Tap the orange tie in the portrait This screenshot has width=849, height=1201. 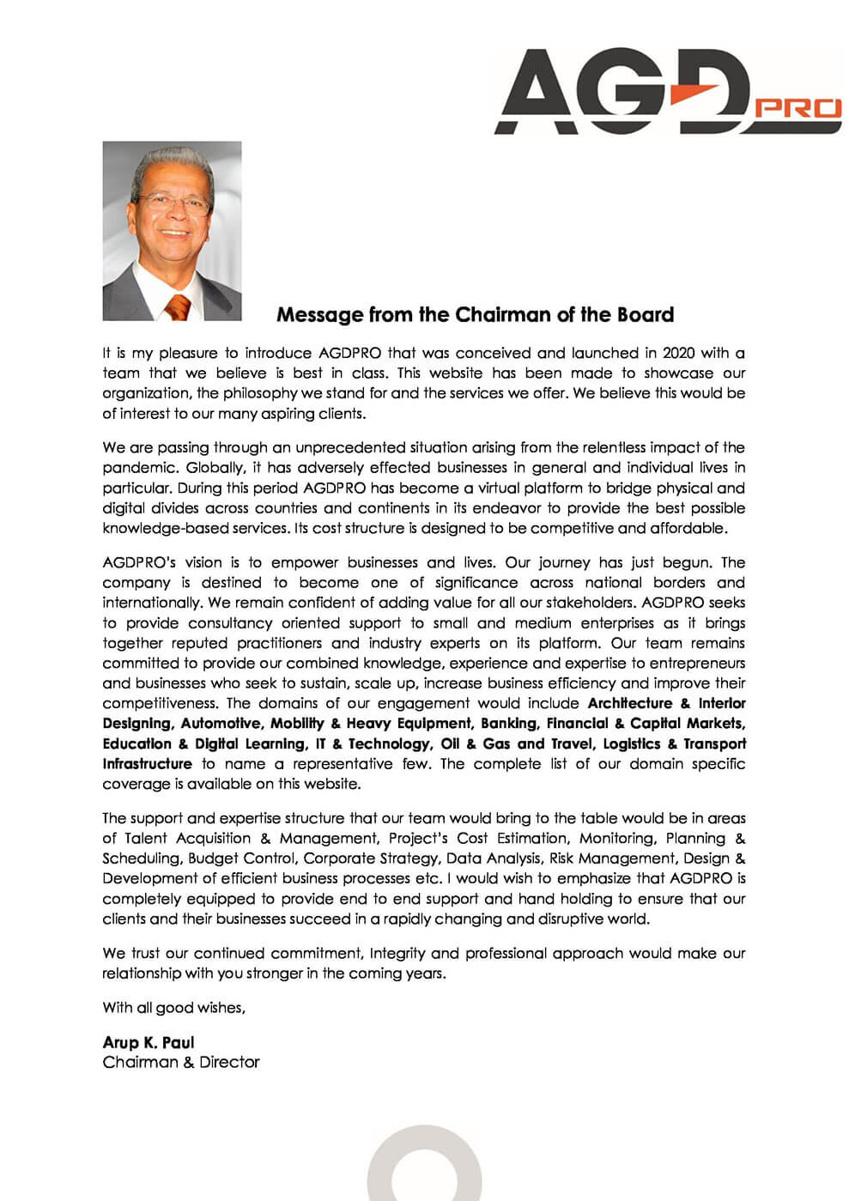coord(178,306)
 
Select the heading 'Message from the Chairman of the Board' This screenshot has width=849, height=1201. coord(475,315)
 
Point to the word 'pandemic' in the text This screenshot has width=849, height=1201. coord(139,468)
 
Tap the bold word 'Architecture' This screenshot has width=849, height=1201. coord(629,703)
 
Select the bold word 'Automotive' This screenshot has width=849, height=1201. coord(220,724)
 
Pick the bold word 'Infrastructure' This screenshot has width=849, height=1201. coord(147,764)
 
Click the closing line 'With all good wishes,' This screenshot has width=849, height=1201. coord(173,1008)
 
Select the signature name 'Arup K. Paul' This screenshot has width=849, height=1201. coord(149,1042)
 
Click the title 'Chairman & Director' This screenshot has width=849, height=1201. coord(180,1063)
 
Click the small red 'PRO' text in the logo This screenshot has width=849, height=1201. coord(800,108)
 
